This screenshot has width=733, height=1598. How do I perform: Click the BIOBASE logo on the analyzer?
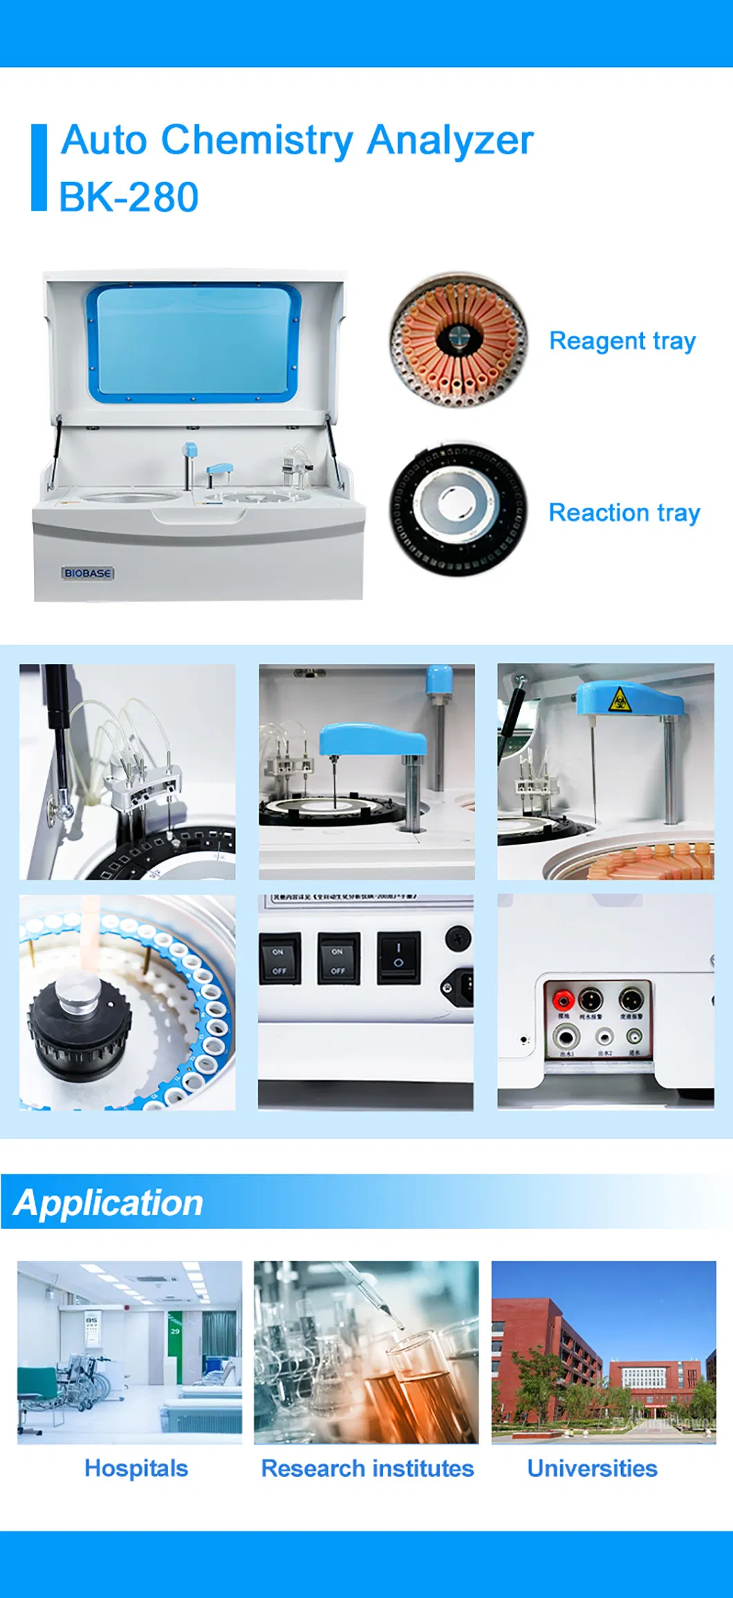(88, 573)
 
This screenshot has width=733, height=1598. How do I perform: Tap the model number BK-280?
(129, 198)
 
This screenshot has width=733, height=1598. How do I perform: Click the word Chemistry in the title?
(257, 141)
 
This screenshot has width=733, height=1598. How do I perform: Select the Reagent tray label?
(622, 341)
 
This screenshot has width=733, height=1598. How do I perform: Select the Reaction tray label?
(624, 513)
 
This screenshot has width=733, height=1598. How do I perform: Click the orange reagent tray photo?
(458, 339)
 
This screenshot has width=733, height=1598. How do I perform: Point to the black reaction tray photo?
(458, 510)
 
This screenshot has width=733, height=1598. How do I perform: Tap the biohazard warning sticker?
(620, 700)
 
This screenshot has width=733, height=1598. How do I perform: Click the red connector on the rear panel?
(563, 999)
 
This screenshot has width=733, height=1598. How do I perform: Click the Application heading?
(109, 1203)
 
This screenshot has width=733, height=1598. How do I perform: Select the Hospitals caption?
(136, 1468)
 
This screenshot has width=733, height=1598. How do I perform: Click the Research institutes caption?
(367, 1468)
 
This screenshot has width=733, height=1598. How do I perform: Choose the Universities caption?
(592, 1468)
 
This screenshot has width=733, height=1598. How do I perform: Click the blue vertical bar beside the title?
(39, 167)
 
